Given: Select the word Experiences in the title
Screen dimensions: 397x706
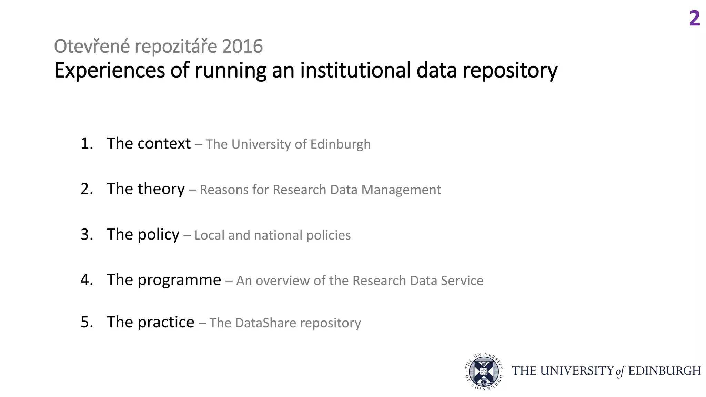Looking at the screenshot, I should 110,71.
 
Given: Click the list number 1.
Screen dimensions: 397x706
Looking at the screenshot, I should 87,143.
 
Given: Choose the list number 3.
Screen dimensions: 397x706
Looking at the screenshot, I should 87,234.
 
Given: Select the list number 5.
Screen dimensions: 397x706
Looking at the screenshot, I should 87,322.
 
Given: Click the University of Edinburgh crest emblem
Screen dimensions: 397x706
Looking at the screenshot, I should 484,371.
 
